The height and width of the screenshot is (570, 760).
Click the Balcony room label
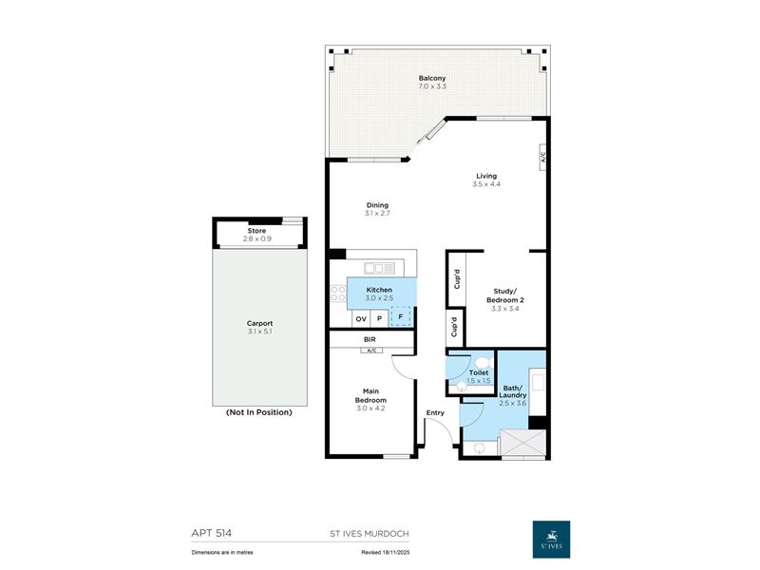point(432,78)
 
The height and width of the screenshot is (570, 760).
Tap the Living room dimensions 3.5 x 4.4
point(486,184)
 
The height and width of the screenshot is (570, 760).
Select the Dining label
point(377,205)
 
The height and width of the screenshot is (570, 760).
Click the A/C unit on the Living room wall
point(542,158)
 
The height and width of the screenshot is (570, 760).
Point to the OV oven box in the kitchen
point(361,319)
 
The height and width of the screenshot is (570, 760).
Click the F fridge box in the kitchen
point(400,317)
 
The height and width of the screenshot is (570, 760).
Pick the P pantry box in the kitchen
point(379,319)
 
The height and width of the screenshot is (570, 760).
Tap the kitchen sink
point(379,268)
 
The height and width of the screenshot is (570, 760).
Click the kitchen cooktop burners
point(338,294)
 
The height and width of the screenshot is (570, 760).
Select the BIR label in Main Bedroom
point(370,339)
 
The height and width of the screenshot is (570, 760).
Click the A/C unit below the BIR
point(371,350)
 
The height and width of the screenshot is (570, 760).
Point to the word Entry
point(435,412)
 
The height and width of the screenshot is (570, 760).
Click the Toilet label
point(479,372)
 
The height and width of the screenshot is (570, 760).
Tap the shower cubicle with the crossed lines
point(523,443)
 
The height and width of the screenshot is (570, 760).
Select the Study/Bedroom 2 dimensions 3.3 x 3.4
point(504,308)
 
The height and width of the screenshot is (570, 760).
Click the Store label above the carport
point(256,231)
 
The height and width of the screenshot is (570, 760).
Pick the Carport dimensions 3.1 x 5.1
point(259,332)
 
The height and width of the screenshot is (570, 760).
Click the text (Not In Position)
point(258,412)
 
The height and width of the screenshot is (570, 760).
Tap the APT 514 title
point(211,533)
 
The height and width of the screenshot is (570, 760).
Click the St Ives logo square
point(551,540)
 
